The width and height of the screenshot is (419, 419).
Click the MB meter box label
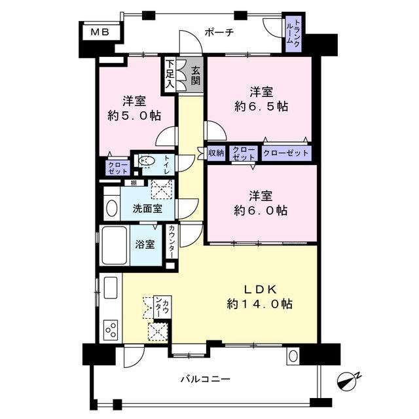click(100, 32)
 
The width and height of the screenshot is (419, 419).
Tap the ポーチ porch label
click(219, 33)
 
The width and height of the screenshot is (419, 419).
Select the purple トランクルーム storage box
click(293, 33)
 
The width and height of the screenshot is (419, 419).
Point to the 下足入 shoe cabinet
click(170, 74)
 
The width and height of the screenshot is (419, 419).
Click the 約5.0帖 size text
click(134, 116)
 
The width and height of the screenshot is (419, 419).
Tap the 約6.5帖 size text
click(261, 107)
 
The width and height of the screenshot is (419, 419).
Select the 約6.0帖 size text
click(261, 211)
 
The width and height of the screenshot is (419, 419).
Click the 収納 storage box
click(216, 153)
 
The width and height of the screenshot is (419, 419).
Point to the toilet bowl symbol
click(146, 161)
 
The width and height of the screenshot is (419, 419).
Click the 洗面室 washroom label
click(147, 209)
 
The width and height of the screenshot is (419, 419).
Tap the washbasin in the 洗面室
click(112, 208)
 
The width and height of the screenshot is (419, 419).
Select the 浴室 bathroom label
click(145, 244)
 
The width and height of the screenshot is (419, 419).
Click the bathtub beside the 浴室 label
click(115, 246)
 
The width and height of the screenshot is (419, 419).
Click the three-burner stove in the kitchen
click(111, 330)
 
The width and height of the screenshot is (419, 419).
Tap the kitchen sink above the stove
click(111, 288)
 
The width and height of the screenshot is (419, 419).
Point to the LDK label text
click(260, 289)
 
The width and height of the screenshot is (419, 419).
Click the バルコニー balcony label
click(205, 379)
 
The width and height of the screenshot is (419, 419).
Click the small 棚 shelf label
click(134, 183)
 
